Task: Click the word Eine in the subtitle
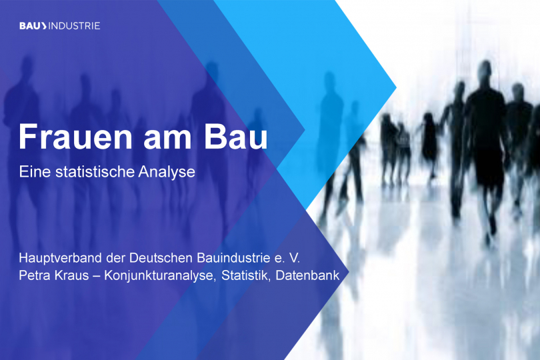[33, 171]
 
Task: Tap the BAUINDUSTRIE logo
[60, 26]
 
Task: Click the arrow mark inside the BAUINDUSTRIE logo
[43, 26]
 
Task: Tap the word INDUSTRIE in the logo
[74, 26]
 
